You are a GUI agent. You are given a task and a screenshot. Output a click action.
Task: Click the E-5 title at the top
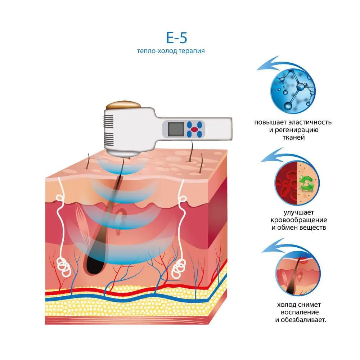tap(176, 38)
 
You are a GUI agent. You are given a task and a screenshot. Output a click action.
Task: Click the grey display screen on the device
tap(176, 129)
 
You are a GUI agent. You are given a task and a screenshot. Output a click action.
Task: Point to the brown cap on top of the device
tap(123, 105)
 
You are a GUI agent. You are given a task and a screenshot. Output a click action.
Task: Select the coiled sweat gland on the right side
tap(179, 269)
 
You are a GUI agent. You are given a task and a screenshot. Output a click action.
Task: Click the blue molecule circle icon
tap(293, 91)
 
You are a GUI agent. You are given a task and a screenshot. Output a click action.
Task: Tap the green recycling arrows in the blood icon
tap(307, 183)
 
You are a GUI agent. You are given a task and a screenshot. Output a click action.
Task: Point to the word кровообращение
tap(298, 220)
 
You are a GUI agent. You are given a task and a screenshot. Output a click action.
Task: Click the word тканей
tap(293, 137)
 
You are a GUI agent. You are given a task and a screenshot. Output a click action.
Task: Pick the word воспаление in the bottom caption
tap(300, 312)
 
